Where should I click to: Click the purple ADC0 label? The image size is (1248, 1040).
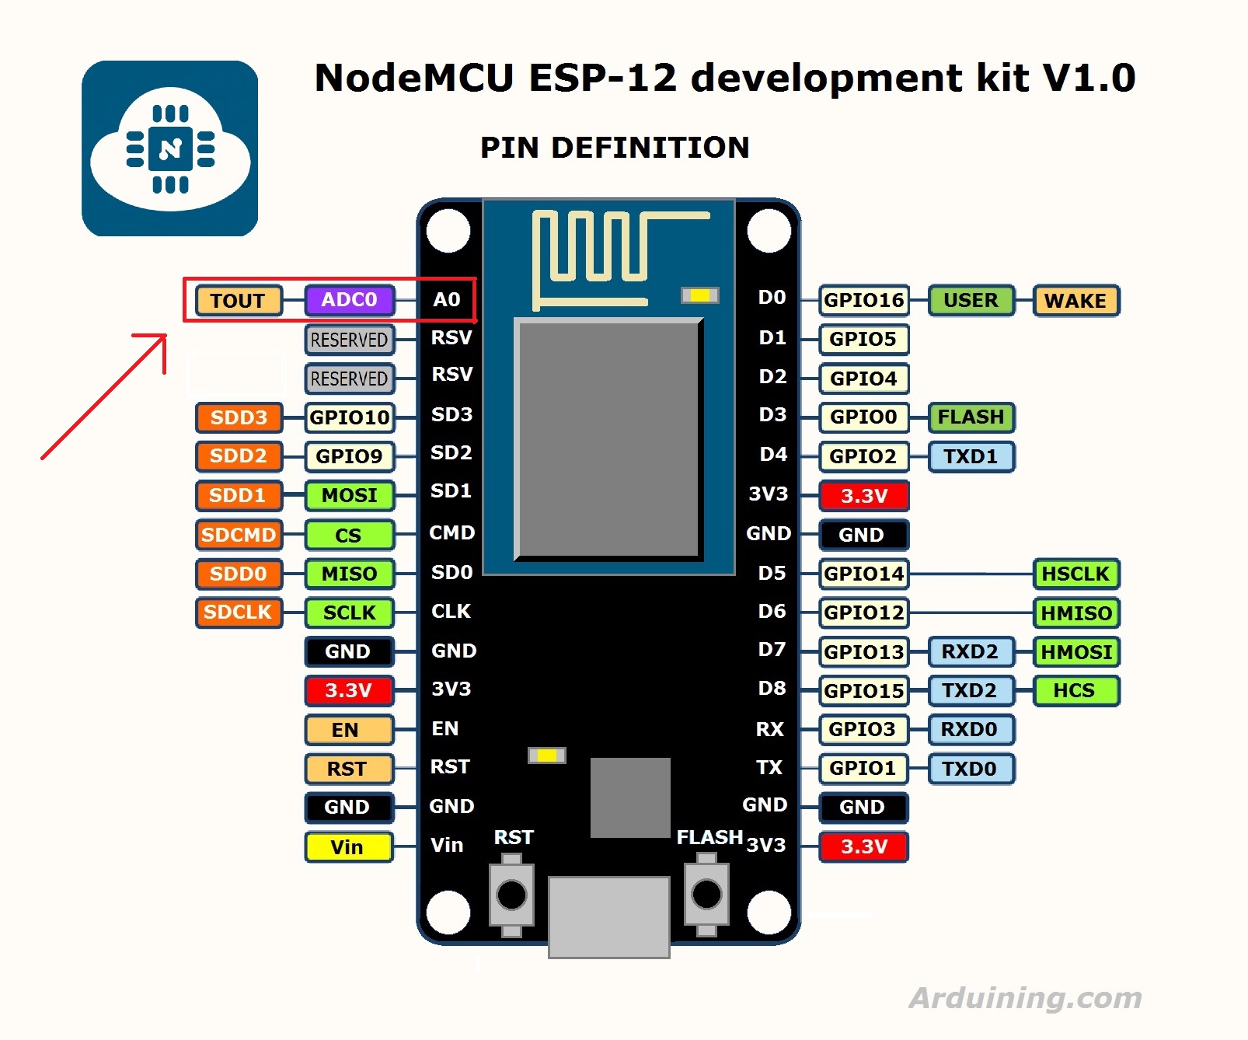tap(350, 300)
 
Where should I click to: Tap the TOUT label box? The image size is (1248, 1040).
tap(238, 301)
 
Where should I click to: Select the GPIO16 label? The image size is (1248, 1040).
tap(863, 300)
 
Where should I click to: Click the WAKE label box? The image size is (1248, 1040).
tap(1075, 301)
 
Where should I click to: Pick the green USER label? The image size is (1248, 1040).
tap(971, 300)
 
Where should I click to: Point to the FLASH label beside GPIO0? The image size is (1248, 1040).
tap(971, 417)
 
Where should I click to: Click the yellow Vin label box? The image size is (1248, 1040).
tap(347, 846)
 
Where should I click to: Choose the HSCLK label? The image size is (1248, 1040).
tap(1075, 574)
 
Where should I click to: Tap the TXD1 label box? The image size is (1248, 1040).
tap(971, 456)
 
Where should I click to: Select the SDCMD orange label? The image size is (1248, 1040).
tap(239, 535)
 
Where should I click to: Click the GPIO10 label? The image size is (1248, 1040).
tap(350, 417)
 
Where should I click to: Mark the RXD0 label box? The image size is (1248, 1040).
tap(970, 729)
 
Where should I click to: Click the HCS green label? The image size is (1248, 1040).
tap(1075, 690)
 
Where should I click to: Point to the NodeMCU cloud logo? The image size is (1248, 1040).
tap(170, 148)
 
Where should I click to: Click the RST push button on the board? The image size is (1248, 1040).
tap(511, 895)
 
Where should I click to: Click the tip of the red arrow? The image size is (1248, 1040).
tap(165, 336)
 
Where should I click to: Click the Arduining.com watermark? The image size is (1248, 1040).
tap(1025, 997)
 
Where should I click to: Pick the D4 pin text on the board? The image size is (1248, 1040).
tap(772, 454)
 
